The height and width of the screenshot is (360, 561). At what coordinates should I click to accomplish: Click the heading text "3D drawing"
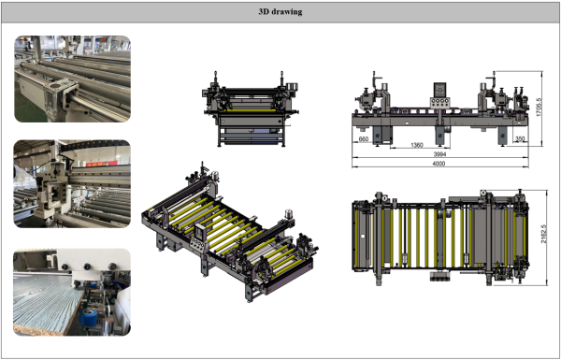click(x=280, y=12)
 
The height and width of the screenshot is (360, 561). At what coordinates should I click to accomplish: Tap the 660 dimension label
click(x=364, y=139)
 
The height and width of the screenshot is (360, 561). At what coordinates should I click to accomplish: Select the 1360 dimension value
click(x=417, y=145)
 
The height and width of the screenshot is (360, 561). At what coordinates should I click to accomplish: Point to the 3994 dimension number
click(x=439, y=154)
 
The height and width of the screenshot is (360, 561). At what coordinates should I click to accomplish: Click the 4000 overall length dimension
click(x=439, y=164)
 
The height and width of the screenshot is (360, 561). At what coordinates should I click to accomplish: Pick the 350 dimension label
click(x=520, y=138)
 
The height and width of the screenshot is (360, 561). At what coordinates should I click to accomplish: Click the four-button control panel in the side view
click(x=439, y=102)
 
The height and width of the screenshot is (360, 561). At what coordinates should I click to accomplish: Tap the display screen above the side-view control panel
click(x=439, y=89)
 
